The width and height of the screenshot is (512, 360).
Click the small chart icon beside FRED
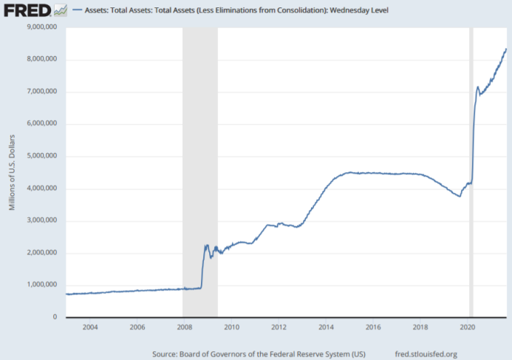click(x=61, y=11)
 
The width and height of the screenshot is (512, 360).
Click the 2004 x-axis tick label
click(x=89, y=327)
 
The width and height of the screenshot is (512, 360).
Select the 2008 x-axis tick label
click(x=184, y=327)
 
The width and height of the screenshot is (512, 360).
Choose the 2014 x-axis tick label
click(x=326, y=327)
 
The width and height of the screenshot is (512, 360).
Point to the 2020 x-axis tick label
click(x=468, y=327)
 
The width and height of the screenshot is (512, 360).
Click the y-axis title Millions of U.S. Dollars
click(x=13, y=171)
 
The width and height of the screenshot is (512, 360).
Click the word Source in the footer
click(x=165, y=354)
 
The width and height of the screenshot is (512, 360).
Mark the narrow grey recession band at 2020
click(x=471, y=170)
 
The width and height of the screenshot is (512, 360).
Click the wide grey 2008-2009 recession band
click(x=199, y=170)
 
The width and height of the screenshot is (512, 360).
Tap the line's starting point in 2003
click(x=66, y=294)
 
